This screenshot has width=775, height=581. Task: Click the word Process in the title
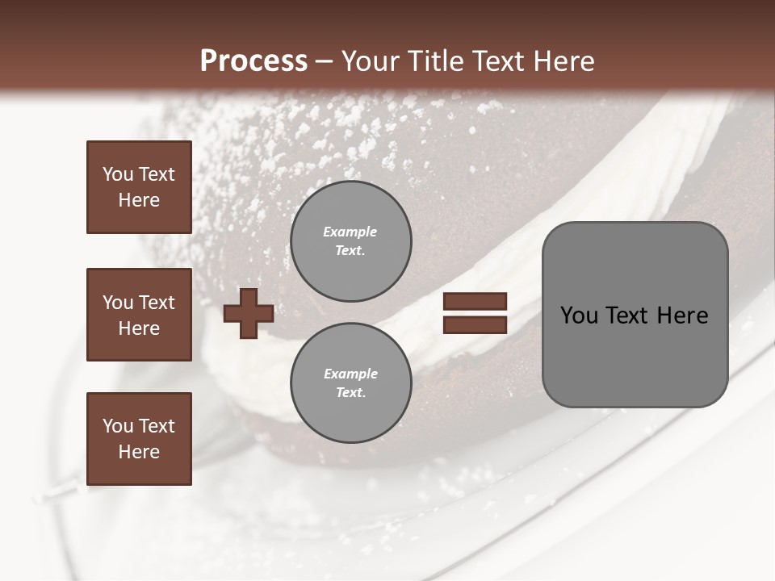point(253,61)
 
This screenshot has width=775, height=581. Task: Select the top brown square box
point(139,187)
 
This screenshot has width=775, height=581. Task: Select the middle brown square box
point(139,315)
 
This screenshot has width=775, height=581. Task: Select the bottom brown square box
point(139,438)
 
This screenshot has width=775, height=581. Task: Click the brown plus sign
point(248,313)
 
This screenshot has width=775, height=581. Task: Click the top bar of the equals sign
point(475,302)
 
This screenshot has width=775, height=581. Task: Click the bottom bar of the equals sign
point(475,324)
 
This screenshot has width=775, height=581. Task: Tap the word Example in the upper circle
point(350,232)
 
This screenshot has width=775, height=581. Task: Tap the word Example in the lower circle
point(350,374)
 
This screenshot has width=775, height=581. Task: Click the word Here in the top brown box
point(139,200)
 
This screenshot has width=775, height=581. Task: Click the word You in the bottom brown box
point(118,426)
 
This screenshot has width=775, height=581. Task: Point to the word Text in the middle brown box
point(155,303)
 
